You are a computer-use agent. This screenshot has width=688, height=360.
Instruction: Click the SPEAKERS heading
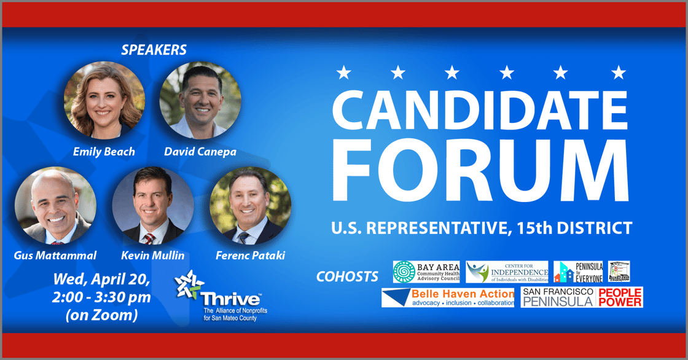tap(154, 49)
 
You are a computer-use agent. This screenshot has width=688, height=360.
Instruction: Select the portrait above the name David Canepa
tap(200, 100)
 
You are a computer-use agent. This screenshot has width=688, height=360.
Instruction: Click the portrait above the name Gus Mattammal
tap(55, 207)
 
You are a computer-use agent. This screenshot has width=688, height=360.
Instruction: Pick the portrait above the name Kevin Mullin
tap(153, 207)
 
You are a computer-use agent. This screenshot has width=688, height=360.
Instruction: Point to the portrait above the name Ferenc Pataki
tap(251, 207)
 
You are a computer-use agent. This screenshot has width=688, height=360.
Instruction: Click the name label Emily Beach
tap(104, 151)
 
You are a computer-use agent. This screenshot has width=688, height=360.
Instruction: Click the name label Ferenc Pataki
tap(250, 255)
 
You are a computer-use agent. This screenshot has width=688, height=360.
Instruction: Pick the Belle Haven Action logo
tap(448, 297)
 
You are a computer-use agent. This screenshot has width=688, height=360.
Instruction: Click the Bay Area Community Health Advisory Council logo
tap(426, 271)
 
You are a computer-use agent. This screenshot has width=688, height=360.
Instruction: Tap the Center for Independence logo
tap(507, 271)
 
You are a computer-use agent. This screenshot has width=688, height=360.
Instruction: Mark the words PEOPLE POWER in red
tap(620, 297)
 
